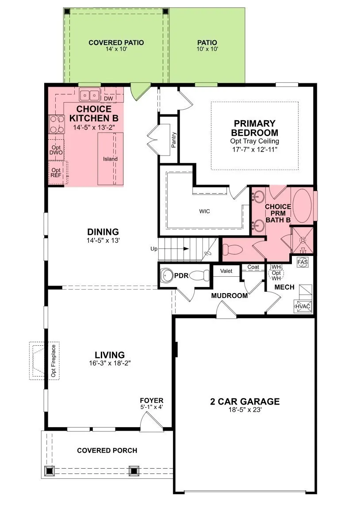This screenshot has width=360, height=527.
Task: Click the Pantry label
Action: (174, 140)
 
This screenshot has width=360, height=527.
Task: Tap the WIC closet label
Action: (204, 211)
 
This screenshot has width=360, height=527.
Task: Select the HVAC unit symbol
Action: (303, 306)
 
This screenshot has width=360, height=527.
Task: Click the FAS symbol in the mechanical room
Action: (303, 262)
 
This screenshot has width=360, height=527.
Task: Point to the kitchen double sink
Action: (90, 95)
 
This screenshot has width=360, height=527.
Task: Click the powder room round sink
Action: (166, 275)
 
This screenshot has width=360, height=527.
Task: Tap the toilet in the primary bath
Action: (233, 250)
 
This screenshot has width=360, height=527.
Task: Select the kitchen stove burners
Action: (57, 124)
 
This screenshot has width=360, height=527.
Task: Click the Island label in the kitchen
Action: (110, 159)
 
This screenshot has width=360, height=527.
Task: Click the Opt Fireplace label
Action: (54, 361)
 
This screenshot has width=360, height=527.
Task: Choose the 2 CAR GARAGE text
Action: (245, 401)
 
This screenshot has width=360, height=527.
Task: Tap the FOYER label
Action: (152, 401)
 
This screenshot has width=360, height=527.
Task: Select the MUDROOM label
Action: (230, 295)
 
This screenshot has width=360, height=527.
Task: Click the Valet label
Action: (226, 271)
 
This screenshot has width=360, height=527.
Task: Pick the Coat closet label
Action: (253, 267)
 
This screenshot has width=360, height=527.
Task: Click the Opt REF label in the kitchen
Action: (56, 173)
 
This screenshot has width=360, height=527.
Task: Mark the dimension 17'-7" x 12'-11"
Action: (254, 149)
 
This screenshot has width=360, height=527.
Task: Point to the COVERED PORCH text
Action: (107, 451)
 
